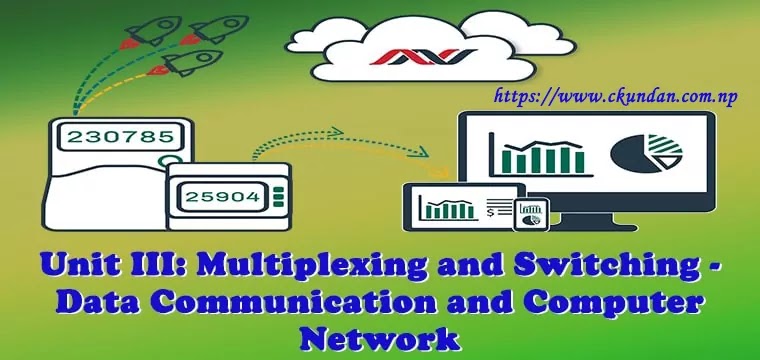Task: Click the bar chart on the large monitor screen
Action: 543,157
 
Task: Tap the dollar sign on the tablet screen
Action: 489,211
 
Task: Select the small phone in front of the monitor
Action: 529,213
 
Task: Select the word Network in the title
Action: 380,338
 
